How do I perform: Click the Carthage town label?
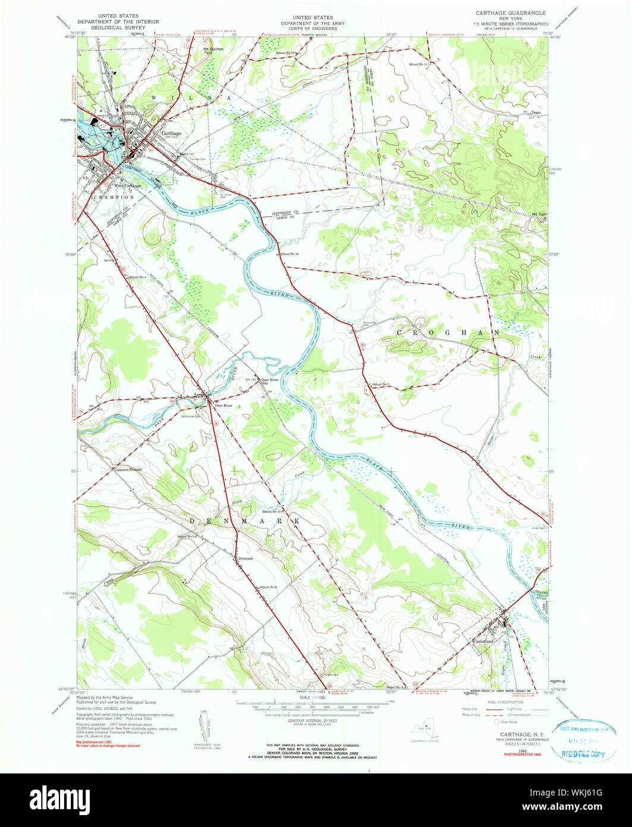(x=171, y=133)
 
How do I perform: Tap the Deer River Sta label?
(x=270, y=381)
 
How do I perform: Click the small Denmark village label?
(x=246, y=558)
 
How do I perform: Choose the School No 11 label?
(x=419, y=64)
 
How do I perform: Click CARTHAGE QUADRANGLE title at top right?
(x=510, y=12)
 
